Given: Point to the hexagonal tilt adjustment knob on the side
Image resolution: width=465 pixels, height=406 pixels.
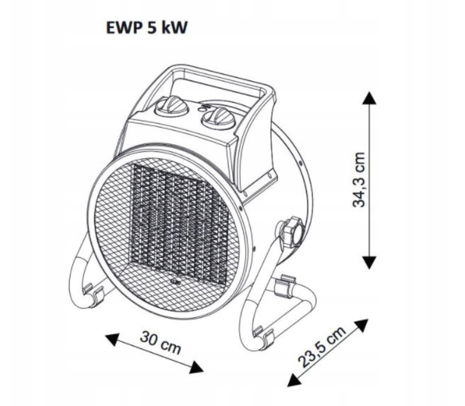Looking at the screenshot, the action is pyautogui.click(x=290, y=231).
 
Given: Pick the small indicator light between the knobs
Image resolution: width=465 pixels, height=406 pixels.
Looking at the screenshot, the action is pyautogui.click(x=200, y=108).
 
